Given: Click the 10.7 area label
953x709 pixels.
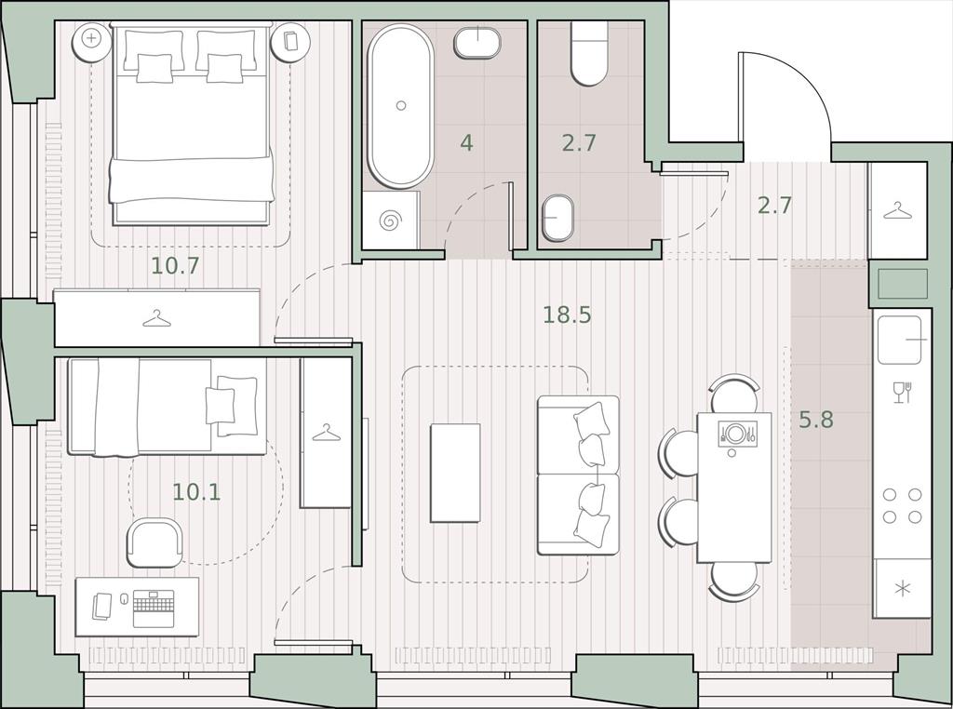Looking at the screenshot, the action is click(175, 265).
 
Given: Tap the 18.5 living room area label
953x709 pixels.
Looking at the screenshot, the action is click(567, 314).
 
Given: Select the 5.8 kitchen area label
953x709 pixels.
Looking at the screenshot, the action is click(815, 420).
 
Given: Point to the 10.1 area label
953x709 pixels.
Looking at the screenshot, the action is click(196, 491).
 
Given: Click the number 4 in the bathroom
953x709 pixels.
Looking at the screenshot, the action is click(466, 142).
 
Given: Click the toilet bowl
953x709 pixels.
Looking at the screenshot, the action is click(589, 53).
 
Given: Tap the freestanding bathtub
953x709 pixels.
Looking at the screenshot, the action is click(401, 106).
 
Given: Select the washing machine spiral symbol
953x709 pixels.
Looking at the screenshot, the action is click(388, 221).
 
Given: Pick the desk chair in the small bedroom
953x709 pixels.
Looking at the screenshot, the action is click(155, 542).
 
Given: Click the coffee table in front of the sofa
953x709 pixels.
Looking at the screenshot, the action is click(455, 473).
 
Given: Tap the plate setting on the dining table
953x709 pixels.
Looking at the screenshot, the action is click(737, 434).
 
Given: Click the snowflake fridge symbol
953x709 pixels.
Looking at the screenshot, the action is click(903, 588).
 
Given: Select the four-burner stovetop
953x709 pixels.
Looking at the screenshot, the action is click(902, 505).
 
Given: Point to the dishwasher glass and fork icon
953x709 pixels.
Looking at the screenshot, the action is click(902, 392).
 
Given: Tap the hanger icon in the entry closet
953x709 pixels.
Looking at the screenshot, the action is click(898, 211).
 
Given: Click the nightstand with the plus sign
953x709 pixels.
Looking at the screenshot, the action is click(92, 39).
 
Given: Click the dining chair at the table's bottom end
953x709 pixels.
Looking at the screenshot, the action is click(734, 582).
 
